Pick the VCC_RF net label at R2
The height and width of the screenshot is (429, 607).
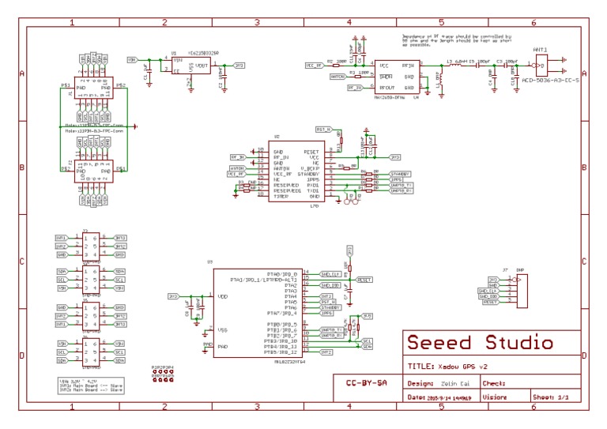[x=314, y=65]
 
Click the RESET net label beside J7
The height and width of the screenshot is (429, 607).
[x=489, y=302]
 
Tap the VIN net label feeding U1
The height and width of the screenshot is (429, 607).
[x=132, y=59]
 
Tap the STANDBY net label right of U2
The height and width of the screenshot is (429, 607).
[x=400, y=174]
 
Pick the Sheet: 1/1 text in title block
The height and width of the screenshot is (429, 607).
[x=551, y=397]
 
